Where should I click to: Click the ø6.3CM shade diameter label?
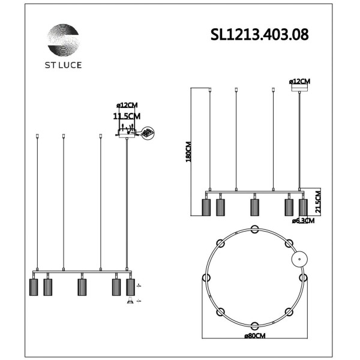click(303, 221)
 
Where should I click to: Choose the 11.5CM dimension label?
click(127, 116)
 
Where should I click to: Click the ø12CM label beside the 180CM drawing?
click(299, 81)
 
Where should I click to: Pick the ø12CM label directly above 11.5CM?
click(127, 106)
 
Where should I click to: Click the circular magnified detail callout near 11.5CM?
click(148, 133)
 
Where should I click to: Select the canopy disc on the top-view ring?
click(298, 259)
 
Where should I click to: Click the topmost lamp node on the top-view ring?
click(254, 229)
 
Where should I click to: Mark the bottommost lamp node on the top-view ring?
click(254, 326)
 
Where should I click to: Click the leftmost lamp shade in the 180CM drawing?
click(206, 207)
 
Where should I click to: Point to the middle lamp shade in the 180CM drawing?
click(254, 207)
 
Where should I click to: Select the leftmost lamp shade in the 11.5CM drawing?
click(34, 287)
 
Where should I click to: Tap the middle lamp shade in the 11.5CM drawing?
click(82, 287)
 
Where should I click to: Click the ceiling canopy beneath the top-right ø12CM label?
click(299, 88)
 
